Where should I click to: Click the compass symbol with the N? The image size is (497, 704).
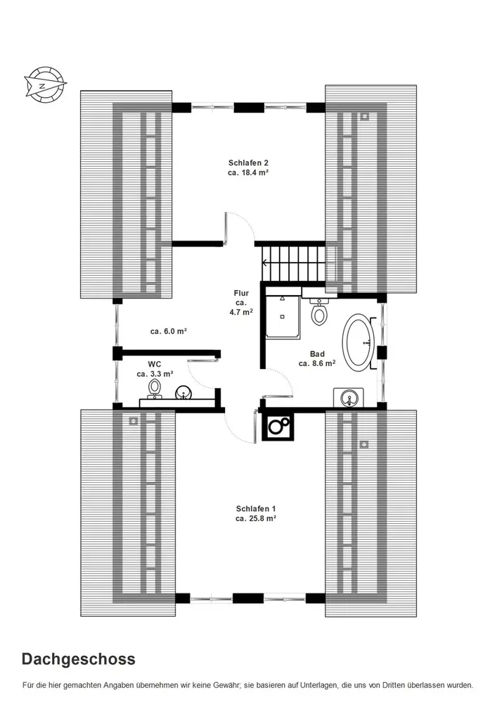pos(45,84)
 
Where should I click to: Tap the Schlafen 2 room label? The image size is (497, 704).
pos(248,168)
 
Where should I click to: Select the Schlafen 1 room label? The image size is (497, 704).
pos(255,514)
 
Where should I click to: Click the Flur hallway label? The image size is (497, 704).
pos(241,303)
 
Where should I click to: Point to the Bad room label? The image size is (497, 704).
pos(317,359)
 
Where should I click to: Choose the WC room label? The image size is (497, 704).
pos(155,369)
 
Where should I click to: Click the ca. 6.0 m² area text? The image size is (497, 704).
pos(169,332)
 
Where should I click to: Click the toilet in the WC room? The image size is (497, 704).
pos(155,388)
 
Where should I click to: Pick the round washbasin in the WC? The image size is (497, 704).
pos(183,393)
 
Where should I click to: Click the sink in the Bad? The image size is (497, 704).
pos(349,398)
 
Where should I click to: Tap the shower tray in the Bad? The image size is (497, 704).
pos(283,315)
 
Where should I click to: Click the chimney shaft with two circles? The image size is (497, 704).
pos(278,426)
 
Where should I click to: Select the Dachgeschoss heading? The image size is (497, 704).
pos(79,659)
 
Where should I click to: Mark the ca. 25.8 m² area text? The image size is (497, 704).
pos(255,518)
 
